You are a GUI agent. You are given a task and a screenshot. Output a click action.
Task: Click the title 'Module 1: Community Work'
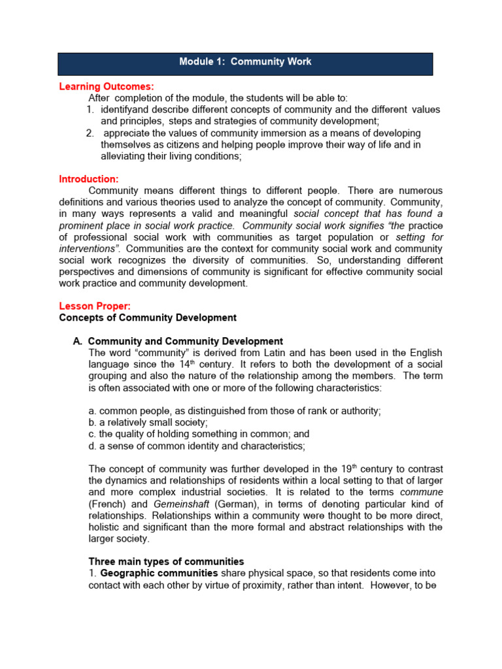(245, 62)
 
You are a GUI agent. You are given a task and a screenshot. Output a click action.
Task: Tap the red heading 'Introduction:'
(89, 179)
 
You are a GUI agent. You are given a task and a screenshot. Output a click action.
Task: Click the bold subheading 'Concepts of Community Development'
(148, 318)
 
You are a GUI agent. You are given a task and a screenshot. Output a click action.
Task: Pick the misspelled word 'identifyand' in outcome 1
(125, 109)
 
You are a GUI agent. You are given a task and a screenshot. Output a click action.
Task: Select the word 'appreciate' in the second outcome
(127, 133)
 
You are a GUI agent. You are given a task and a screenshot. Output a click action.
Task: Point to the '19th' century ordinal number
(350, 468)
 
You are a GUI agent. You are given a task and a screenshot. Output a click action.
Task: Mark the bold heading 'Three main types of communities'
(166, 561)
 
